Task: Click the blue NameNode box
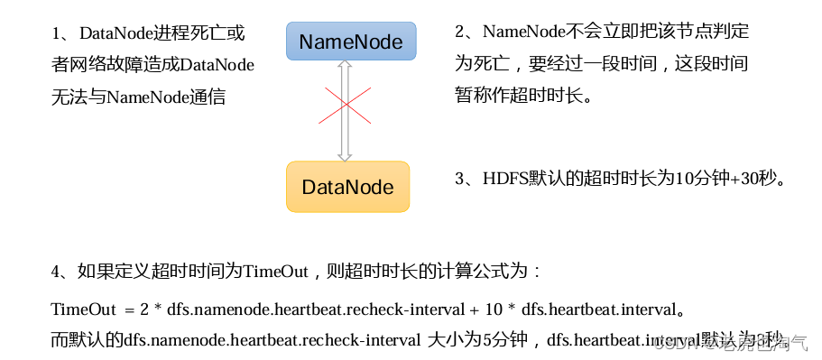point(351,42)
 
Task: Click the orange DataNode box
point(347,187)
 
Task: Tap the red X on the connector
point(344,107)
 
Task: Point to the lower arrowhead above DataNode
point(344,155)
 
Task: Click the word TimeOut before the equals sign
point(84,309)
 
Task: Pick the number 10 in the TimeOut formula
point(494,309)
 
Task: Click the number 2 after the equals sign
point(143,309)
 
